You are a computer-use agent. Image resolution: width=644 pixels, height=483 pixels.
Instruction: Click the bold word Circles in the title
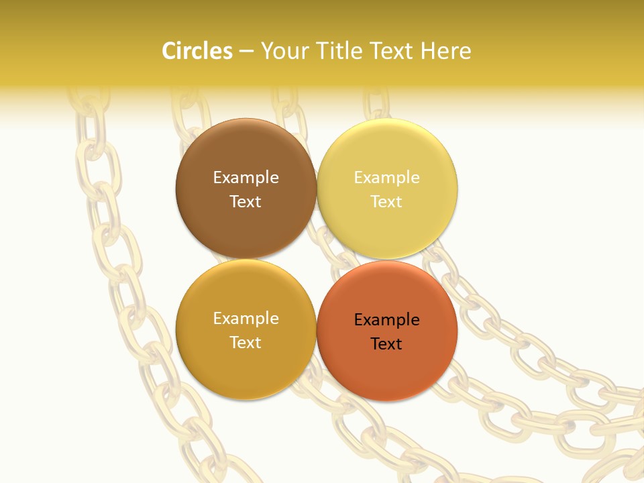(197, 51)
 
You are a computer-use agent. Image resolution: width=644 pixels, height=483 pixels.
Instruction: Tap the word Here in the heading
(445, 51)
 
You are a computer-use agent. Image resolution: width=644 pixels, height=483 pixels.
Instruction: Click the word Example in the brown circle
(246, 177)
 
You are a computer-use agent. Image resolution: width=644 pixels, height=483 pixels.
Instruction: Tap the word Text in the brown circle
(246, 201)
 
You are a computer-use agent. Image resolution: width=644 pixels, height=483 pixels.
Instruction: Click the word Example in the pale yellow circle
(386, 177)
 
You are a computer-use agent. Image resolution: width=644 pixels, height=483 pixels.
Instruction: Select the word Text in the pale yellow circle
(386, 201)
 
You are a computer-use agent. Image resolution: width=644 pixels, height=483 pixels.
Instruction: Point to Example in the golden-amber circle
(246, 318)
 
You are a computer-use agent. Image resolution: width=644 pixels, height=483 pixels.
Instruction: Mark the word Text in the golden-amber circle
(246, 342)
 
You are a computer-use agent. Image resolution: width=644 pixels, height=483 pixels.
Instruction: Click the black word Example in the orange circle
(386, 319)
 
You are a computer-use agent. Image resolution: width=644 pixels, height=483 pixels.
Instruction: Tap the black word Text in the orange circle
(386, 343)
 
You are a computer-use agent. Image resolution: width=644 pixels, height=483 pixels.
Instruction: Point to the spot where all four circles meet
(317, 259)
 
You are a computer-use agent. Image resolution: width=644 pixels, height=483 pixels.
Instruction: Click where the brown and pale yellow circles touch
(317, 189)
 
